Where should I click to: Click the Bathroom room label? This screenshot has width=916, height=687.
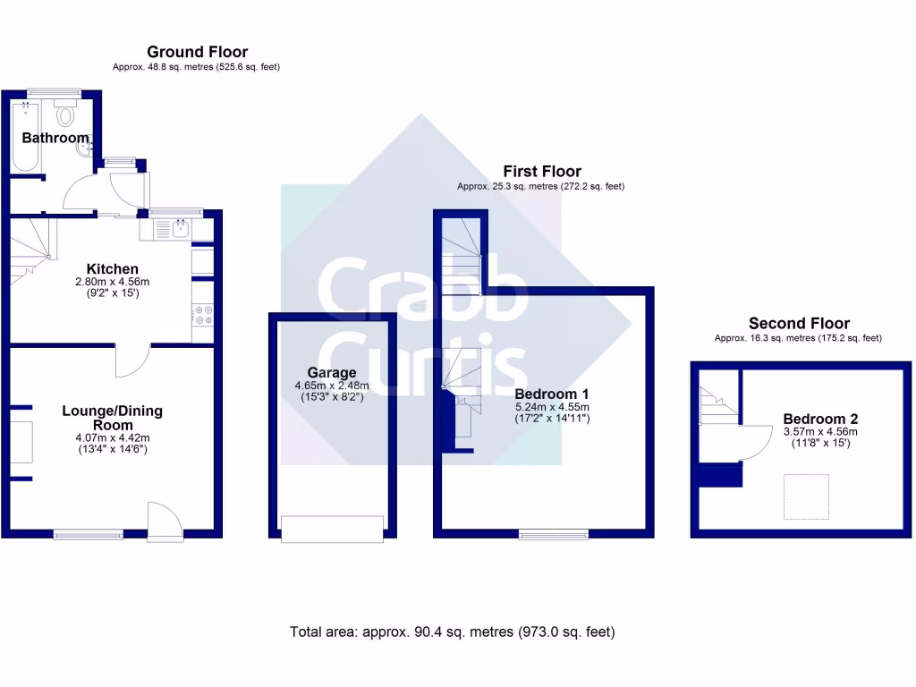55,138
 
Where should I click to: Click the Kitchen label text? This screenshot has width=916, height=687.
112,268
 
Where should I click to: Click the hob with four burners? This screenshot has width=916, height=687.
202,315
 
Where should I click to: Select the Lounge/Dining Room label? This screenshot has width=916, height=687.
112,418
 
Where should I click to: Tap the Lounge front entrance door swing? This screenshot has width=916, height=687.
163,521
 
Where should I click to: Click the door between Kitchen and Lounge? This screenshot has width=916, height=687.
132,359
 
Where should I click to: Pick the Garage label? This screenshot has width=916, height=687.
332,372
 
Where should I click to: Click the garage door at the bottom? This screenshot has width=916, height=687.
332,529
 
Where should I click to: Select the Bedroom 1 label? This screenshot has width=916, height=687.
552,394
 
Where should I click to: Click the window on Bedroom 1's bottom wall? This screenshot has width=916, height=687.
554,534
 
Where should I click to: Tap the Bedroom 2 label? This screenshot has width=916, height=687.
820,419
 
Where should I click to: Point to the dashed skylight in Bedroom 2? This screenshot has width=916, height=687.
806,496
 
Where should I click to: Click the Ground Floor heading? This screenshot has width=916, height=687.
197,52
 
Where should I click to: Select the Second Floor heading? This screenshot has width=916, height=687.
799,324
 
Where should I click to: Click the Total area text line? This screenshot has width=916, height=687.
452,632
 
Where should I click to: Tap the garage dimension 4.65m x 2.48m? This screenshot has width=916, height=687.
332,386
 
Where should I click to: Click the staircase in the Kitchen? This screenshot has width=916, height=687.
31,245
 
